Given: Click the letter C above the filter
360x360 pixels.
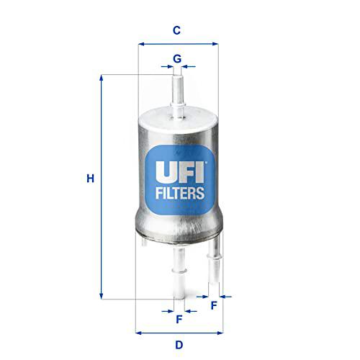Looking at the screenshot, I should tap(176, 30).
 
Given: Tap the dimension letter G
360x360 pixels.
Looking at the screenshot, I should tap(176, 57).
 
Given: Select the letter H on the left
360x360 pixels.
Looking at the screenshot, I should tap(90, 179).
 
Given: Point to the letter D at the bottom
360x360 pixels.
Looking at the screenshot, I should tap(179, 345).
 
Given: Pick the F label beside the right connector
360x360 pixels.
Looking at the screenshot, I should tap(214, 305).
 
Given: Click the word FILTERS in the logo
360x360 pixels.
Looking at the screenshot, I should tap(180, 193).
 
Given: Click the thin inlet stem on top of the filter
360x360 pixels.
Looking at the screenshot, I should tap(176, 90).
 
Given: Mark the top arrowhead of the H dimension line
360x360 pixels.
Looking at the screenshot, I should tap(102, 77).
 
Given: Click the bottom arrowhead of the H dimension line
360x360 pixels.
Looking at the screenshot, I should tap(102, 295).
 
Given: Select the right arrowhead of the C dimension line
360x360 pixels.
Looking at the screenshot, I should tap(215, 44).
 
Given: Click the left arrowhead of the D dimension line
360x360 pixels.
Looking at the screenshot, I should tap(138, 333).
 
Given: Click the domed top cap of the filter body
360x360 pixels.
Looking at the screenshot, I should tap(177, 115).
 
